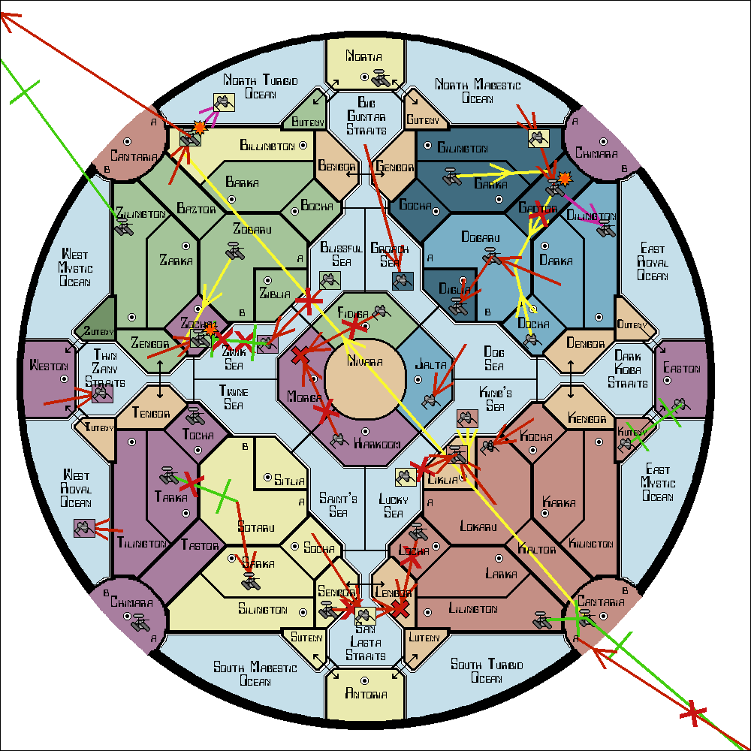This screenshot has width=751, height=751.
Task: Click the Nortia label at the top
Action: click(364, 56)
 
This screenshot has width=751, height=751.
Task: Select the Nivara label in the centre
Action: click(365, 362)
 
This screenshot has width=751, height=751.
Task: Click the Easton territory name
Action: click(681, 369)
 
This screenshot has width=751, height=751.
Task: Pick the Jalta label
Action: click(430, 366)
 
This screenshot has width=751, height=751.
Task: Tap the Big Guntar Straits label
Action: click(366, 116)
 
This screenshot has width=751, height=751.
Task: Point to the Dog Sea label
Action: click(493, 358)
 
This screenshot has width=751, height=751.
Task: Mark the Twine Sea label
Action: click(234, 396)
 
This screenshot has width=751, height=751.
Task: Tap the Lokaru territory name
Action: click(478, 527)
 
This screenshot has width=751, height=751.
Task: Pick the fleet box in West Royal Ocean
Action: click(83, 528)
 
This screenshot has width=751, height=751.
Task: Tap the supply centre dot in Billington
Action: click(303, 145)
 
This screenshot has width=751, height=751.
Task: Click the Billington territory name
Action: click(267, 145)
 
